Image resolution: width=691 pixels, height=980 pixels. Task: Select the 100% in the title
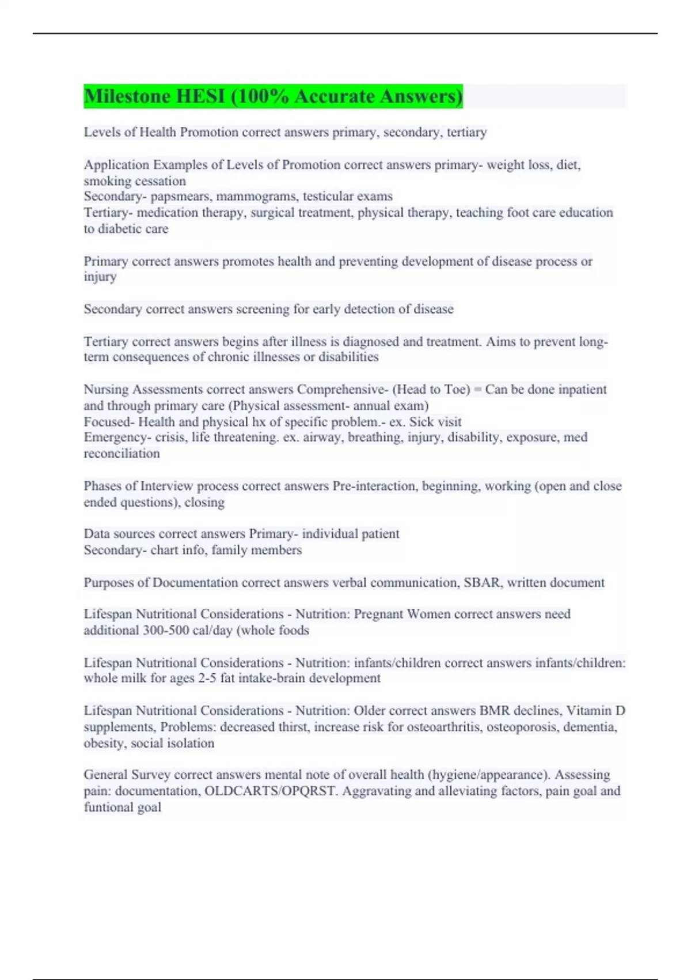(260, 96)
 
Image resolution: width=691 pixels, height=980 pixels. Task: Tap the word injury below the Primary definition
(100, 277)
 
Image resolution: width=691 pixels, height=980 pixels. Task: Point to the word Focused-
(109, 422)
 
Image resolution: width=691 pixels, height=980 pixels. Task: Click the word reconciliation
(122, 454)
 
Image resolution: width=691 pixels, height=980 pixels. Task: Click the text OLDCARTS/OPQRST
(270, 791)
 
